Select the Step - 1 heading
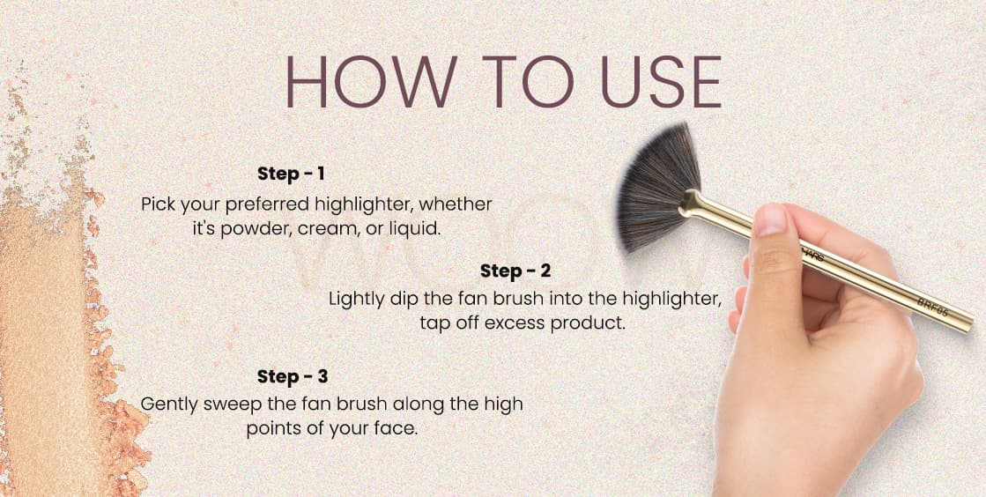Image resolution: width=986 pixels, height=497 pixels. [x=291, y=174]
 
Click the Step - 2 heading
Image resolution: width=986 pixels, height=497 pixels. [x=515, y=271]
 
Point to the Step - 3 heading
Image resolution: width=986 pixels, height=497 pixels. [x=293, y=377]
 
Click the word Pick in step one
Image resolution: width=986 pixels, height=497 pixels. [x=157, y=205]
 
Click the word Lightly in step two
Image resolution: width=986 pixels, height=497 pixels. [x=357, y=300]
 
